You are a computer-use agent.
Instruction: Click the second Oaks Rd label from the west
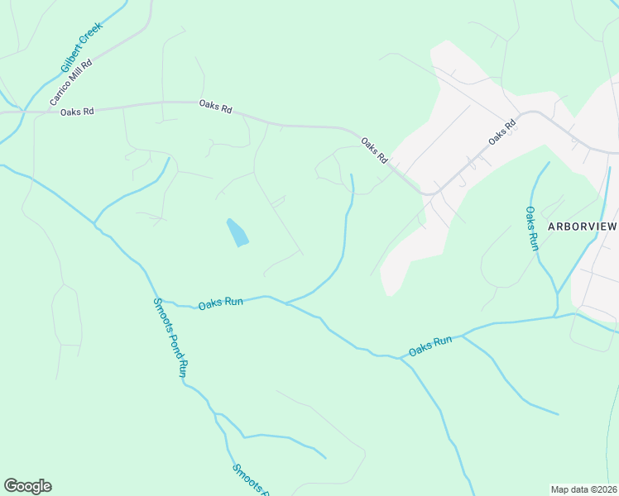215,107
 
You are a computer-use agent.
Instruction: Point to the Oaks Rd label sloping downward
374,150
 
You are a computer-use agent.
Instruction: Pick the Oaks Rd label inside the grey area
501,132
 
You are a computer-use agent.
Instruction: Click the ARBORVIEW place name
583,225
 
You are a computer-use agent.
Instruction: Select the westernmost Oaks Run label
220,303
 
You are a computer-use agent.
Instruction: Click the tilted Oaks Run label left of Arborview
430,345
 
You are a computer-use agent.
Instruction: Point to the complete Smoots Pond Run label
171,337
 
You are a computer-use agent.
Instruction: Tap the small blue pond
238,232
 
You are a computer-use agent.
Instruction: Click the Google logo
27,486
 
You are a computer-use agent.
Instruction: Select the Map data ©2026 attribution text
583,489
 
